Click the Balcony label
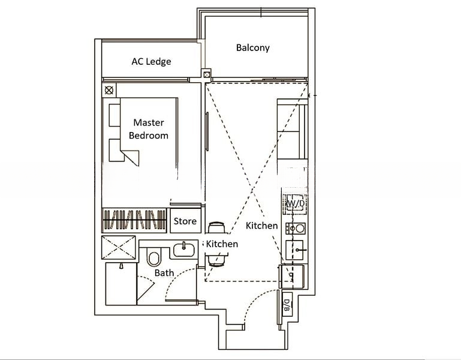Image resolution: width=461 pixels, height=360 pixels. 253,47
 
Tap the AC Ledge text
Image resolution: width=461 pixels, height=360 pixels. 151,61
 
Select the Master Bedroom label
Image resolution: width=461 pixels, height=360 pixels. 149,128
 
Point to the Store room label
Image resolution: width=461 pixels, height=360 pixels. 185,221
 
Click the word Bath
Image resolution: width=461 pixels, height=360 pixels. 164,273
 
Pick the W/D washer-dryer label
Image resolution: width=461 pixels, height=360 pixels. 296,203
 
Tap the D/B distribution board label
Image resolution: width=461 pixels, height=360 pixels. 287,305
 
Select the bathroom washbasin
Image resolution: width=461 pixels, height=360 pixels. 184,250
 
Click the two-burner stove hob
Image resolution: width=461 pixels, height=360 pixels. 296,229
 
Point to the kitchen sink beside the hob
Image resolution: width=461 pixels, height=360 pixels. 295,250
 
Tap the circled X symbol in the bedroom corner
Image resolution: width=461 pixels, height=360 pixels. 109,90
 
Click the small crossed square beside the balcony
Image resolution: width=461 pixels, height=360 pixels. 207,75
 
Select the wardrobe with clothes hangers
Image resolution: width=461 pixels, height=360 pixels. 134,220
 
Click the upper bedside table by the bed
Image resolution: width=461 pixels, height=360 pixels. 115,115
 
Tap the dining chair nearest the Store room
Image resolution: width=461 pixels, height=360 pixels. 216,227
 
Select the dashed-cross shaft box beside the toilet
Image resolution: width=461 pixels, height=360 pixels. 119,247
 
